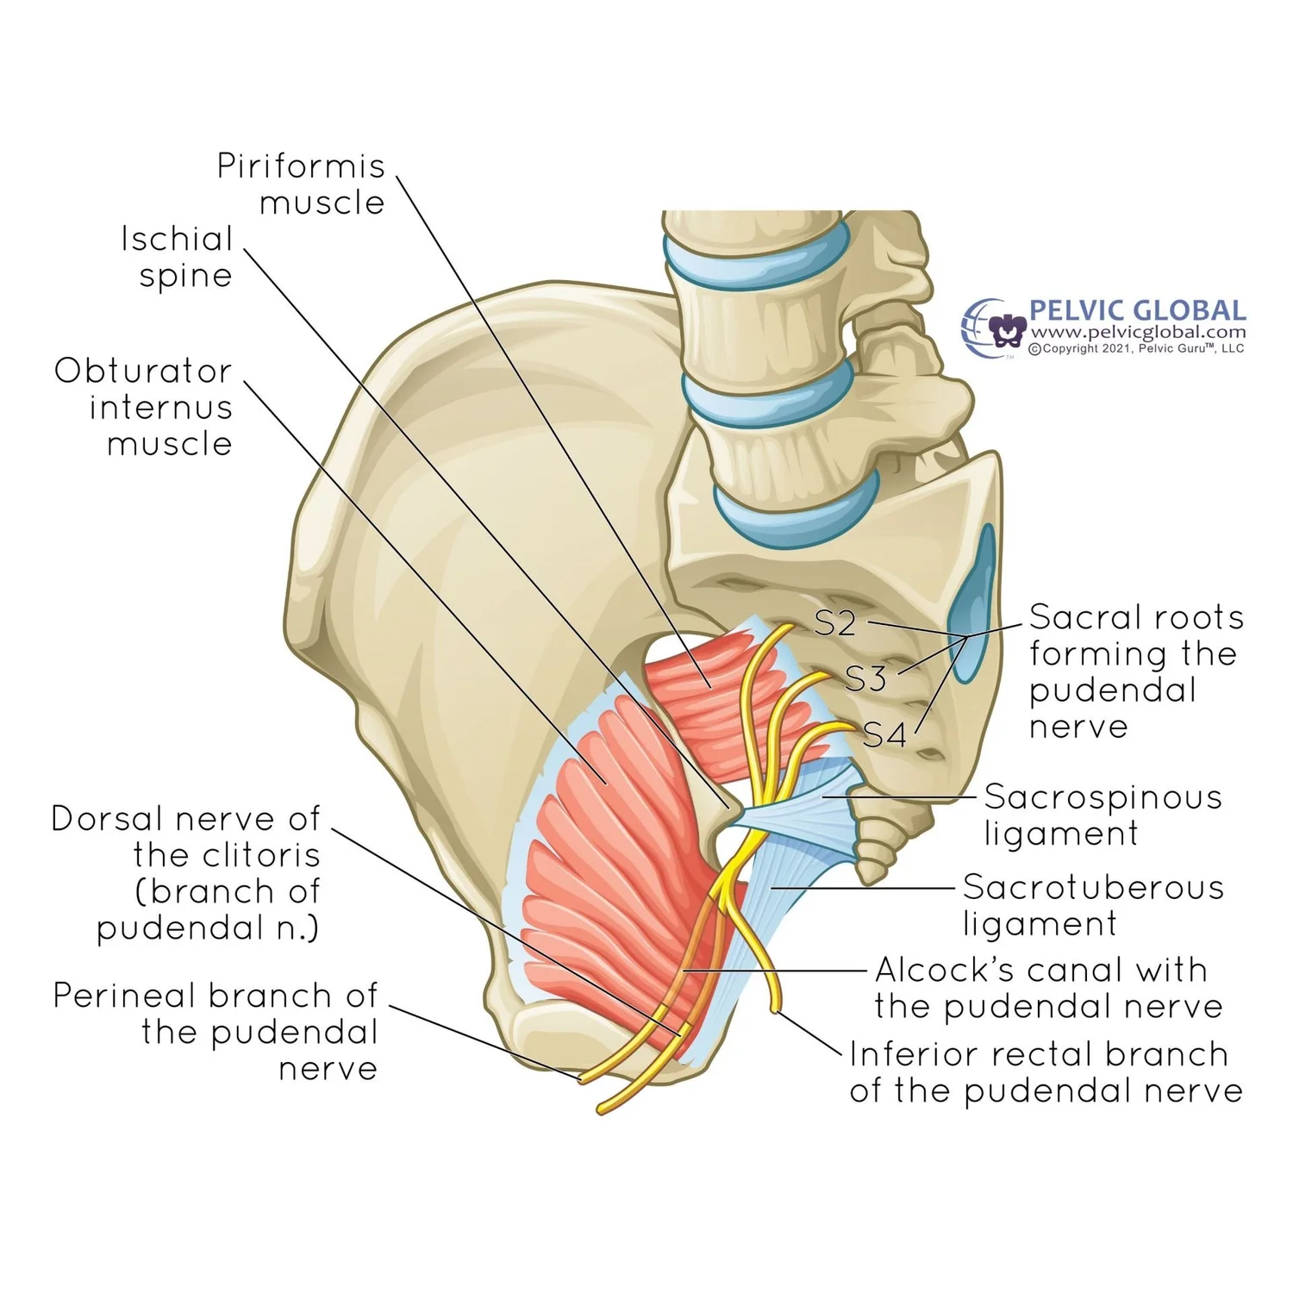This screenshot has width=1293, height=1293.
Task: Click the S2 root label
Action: click(834, 622)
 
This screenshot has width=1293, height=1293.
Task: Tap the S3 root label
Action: click(865, 679)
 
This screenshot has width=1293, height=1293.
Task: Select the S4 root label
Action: click(884, 735)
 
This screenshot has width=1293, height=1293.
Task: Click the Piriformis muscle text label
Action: click(301, 184)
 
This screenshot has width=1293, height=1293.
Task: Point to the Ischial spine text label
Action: click(178, 257)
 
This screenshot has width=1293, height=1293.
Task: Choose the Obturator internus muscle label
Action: click(144, 407)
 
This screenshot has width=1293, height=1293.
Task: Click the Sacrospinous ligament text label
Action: click(1102, 815)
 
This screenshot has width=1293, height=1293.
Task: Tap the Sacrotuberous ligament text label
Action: click(1092, 904)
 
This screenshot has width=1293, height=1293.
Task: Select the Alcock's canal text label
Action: click(1047, 988)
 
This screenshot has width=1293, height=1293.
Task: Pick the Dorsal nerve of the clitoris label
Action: click(186, 872)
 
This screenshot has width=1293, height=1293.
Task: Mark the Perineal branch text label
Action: click(215, 1031)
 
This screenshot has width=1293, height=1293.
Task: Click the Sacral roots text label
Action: click(1135, 671)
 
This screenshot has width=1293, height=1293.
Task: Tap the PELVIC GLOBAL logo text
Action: click(1137, 310)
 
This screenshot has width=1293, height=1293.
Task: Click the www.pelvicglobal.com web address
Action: click(1138, 333)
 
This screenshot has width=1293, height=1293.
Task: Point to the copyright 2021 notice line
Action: click(1136, 349)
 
